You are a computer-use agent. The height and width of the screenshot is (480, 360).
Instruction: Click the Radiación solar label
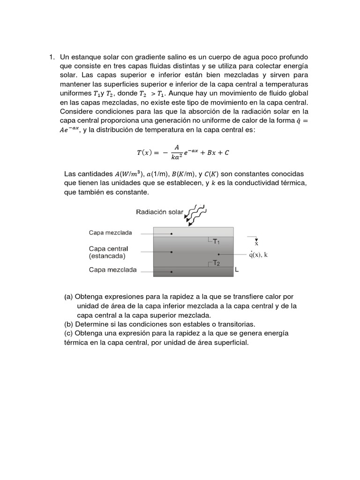tap(159, 212)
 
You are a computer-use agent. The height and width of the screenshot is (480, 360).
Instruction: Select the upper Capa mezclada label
tap(110, 232)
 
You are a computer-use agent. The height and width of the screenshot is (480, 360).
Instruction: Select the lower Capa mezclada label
tap(112, 270)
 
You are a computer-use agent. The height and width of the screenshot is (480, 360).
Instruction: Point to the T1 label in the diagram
tap(216, 242)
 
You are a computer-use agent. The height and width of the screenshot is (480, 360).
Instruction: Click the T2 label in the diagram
tap(216, 263)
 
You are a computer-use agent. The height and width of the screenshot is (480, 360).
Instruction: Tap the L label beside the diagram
tap(237, 270)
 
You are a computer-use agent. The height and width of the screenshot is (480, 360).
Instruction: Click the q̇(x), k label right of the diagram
tap(258, 255)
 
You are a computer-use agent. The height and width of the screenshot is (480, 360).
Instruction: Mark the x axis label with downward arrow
tap(256, 241)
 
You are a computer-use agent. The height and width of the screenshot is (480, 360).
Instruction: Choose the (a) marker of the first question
tap(68, 297)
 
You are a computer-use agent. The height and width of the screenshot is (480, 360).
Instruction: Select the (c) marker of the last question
tap(68, 333)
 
